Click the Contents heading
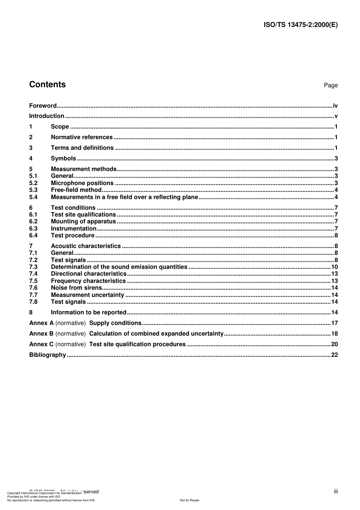pos(47,85)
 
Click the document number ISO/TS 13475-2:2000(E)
pos(301,25)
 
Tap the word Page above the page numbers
pos(330,85)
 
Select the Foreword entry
pos(43,106)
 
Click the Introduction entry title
pos(47,116)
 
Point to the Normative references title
pos(82,137)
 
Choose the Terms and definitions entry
pos(82,148)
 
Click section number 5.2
pos(33,183)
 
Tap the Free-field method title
pos(76,190)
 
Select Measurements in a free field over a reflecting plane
pos(124,197)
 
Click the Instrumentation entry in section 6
pos(74,229)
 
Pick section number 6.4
pos(33,235)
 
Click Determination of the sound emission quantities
pos(119,267)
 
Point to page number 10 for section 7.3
pos(334,267)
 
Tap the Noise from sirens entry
pos(76,288)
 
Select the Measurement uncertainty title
pos(88,295)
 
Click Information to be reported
pos(88,312)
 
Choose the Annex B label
pos(41,334)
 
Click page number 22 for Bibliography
pos(334,355)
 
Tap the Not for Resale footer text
pos(189,500)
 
